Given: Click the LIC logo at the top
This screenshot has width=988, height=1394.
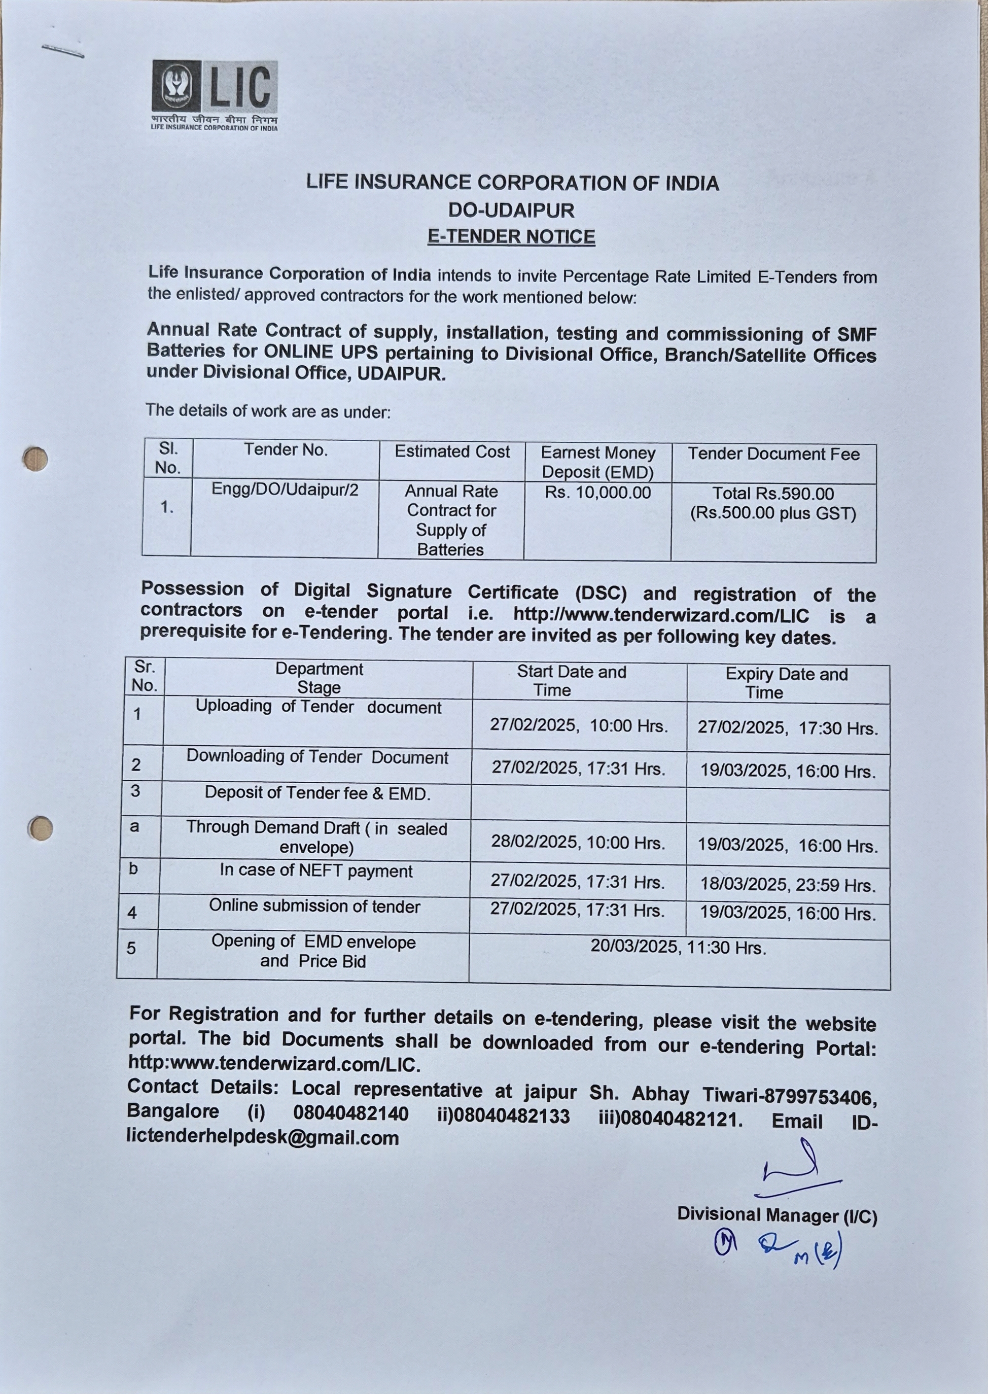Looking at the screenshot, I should [214, 94].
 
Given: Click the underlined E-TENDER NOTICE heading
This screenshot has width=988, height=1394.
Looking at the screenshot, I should [511, 237].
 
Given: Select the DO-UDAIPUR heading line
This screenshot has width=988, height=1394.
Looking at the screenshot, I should [511, 210].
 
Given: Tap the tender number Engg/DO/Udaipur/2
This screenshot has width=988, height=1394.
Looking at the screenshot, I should [285, 490].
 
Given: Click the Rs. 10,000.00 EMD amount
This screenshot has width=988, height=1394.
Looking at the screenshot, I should [597, 492].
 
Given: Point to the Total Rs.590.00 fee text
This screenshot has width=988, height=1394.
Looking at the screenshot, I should [772, 494].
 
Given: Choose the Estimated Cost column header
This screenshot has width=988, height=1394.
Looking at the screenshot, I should [452, 451].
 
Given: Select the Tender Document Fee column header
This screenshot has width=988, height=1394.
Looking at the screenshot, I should [773, 454].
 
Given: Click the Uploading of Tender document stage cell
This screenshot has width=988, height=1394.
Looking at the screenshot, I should [318, 707].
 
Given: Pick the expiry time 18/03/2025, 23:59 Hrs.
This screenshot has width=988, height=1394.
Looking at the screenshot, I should [788, 884].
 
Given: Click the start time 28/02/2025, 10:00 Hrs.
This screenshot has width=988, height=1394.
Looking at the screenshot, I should [578, 843].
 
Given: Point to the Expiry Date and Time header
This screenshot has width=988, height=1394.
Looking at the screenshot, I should [786, 683].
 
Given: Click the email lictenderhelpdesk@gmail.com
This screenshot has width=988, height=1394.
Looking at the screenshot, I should [263, 1137].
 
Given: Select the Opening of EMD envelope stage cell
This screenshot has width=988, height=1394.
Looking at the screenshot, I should [313, 951].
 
